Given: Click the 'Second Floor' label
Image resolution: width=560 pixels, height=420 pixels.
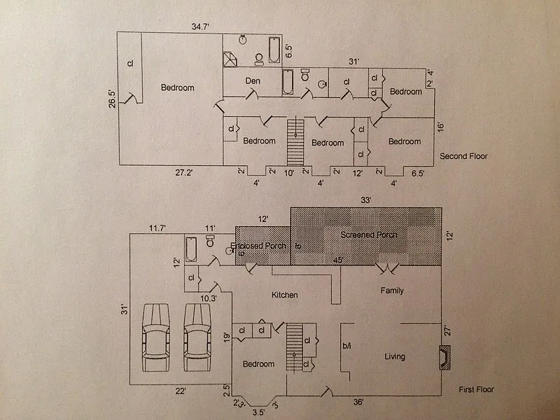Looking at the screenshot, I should (463, 156).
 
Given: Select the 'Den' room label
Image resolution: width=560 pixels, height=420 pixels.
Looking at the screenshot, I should (253, 81).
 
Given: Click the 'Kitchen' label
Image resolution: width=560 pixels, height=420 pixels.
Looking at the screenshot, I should (285, 295).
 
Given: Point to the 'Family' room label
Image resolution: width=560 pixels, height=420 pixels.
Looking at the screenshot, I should (391, 290).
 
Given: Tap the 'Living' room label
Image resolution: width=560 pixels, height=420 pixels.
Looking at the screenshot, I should (395, 356).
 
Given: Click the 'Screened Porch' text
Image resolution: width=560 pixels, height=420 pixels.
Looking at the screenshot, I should (369, 234).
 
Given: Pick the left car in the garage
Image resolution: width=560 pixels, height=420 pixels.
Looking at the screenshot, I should (156, 338).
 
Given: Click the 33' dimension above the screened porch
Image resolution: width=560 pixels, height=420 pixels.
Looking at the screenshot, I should (365, 199).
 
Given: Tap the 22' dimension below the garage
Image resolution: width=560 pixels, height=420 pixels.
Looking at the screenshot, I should (180, 391).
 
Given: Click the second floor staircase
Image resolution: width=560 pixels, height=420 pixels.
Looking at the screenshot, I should (295, 143).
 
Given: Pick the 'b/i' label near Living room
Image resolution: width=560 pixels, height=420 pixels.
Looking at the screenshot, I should (346, 346).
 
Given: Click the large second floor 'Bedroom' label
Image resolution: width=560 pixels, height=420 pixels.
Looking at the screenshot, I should (177, 87).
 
